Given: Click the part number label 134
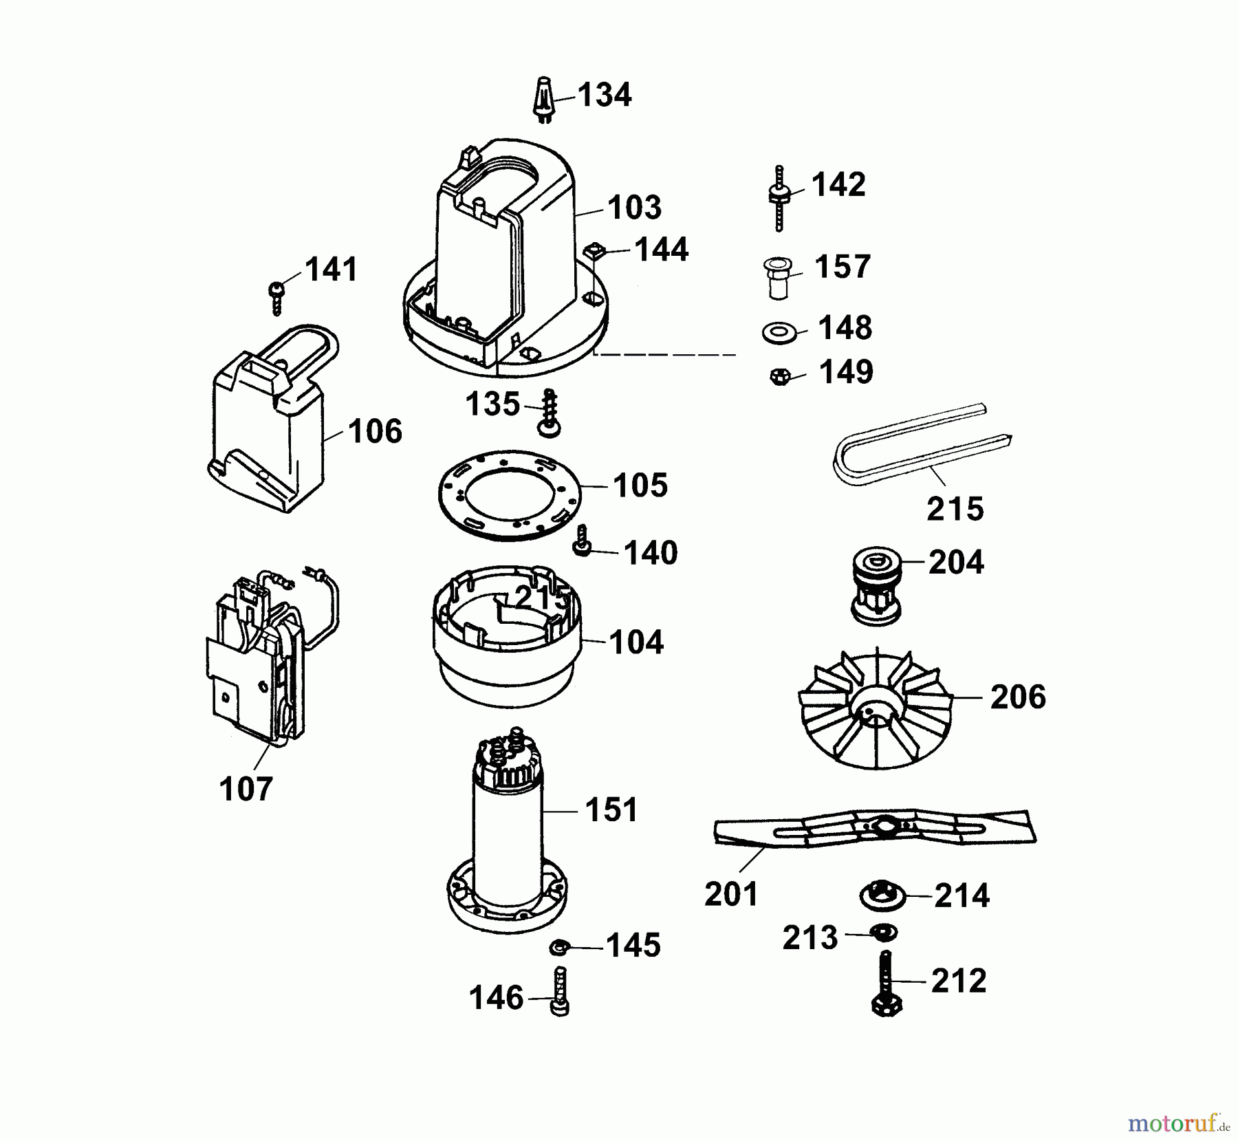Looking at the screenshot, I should pos(604,95).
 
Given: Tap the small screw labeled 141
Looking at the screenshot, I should pos(276,296).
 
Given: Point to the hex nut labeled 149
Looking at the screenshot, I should pos(779,376).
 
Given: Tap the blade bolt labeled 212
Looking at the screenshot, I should pos(886,983).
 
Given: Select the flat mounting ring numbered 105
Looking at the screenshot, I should pos(510,495).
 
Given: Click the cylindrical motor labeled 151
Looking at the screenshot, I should pos(507,825).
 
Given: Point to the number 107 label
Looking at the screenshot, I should pos(246,789).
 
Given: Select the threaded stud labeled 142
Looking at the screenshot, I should pos(779,197).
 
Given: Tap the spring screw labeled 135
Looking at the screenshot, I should pos(549,413).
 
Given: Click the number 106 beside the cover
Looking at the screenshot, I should pos(374,432).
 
